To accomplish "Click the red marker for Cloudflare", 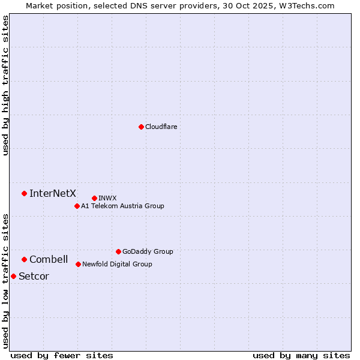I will (x=141, y=127).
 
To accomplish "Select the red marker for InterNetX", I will (x=24, y=193).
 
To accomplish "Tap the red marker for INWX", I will (x=94, y=198).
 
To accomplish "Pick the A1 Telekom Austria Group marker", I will (x=77, y=206).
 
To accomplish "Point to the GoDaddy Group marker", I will (x=118, y=251).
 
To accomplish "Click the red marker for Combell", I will (x=24, y=259).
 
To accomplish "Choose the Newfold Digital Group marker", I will (x=78, y=264).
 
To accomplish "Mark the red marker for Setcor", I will (x=13, y=276).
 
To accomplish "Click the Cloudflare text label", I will (x=161, y=127).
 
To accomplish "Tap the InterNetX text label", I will (x=53, y=193).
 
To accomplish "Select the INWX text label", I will (x=107, y=198).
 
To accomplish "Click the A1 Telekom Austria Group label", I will (x=122, y=206).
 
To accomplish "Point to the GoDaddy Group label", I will (x=148, y=251).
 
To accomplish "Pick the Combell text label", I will (x=49, y=259).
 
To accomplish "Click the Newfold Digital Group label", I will (x=117, y=264).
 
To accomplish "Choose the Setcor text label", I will (x=34, y=276).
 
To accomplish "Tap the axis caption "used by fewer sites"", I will (x=62, y=355).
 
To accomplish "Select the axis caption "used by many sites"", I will (x=301, y=355).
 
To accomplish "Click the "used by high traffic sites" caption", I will (x=5, y=85).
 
